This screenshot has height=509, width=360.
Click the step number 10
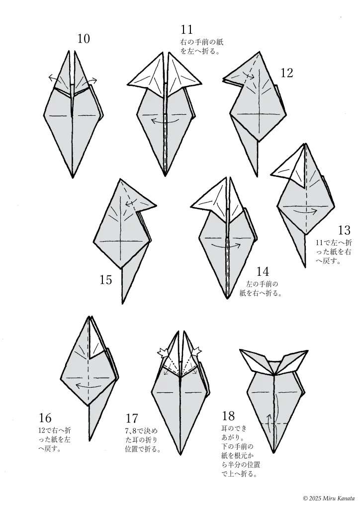[x=84, y=39]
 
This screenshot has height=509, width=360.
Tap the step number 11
[x=186, y=29]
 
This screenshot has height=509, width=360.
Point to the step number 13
[x=344, y=230]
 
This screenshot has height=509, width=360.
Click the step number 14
[x=263, y=271]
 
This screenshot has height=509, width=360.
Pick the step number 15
[x=106, y=280]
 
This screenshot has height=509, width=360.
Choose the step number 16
[x=45, y=418]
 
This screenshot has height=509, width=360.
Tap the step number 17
[x=132, y=419]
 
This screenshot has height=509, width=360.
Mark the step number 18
[x=228, y=416]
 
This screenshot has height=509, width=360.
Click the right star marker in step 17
[x=197, y=351]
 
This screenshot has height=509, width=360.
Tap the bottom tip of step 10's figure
[x=73, y=177]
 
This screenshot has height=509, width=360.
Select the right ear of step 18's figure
[x=292, y=361]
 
